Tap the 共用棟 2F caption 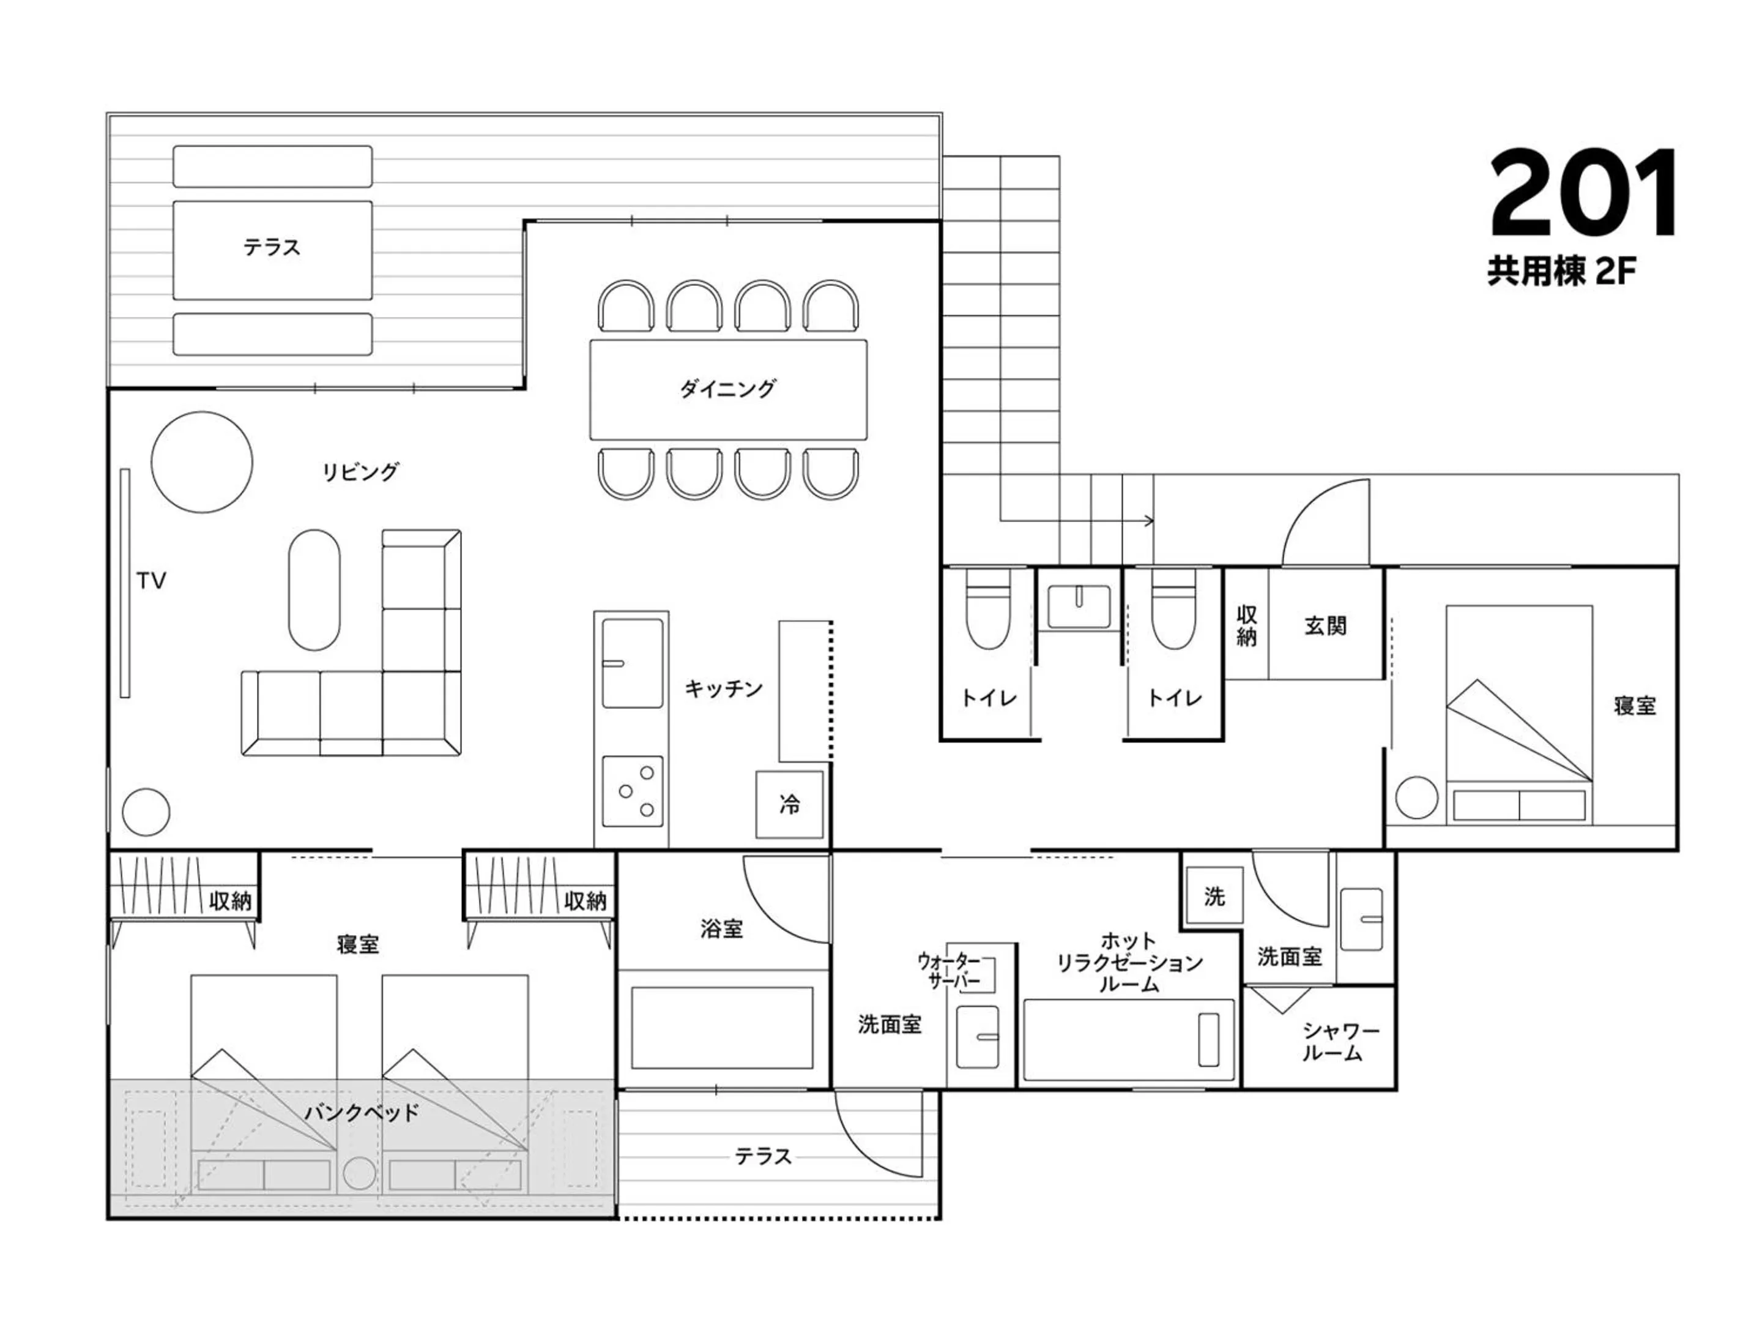1561,272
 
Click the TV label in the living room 151,581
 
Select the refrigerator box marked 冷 789,804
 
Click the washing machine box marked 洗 1214,897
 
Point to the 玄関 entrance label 1326,626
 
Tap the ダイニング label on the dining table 727,389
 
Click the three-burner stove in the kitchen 633,791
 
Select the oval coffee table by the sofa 314,589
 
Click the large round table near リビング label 203,461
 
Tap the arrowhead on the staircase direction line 1148,521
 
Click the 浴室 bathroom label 722,928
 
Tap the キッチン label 723,689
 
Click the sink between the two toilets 1079,607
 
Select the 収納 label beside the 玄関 1247,626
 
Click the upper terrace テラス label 272,247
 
